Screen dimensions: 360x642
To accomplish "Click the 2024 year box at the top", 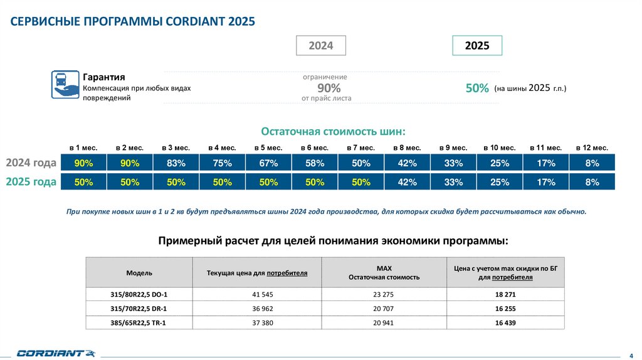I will tap(320, 46).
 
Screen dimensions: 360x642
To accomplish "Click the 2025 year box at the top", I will tap(476, 46).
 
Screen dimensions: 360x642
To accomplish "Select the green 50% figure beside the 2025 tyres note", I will tap(477, 89).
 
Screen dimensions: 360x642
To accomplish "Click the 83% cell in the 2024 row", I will tap(176, 163).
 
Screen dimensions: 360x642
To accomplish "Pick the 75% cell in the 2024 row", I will tap(223, 163).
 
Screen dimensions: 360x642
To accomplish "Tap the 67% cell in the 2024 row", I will tap(268, 163).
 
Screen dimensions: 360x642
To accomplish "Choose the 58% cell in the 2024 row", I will tap(315, 163).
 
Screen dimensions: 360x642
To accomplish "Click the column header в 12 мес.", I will tap(592, 147).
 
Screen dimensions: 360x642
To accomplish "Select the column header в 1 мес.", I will tap(83, 147).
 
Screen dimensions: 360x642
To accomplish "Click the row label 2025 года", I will tap(31, 182).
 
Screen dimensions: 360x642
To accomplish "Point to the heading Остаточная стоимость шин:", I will tap(333, 132).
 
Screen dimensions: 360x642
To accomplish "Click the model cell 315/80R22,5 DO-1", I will tap(139, 294).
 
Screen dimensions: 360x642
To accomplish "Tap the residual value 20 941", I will tap(384, 323).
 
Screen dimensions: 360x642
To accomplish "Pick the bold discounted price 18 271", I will tap(505, 294).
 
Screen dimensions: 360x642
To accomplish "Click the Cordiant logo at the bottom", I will tap(55, 353).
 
